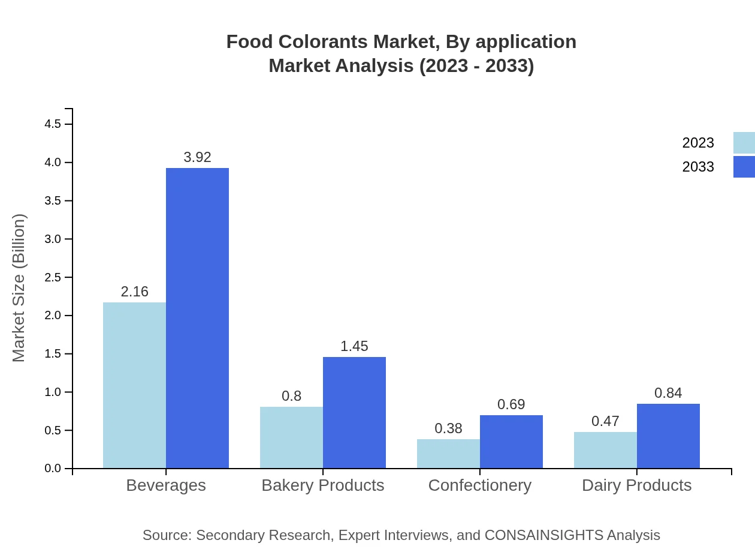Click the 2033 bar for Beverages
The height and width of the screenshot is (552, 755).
click(197, 318)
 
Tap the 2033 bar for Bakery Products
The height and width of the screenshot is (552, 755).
click(354, 413)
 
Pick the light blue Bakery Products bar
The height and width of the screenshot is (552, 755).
click(291, 437)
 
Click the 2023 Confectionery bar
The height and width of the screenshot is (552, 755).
click(448, 454)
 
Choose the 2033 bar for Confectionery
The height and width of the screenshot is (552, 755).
click(511, 442)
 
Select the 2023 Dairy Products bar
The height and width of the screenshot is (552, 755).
click(605, 450)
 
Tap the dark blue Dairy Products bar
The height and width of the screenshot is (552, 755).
click(668, 436)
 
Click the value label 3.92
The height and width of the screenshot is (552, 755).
click(197, 157)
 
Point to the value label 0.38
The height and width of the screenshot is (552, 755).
click(448, 428)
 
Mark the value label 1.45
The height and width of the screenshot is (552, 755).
click(354, 346)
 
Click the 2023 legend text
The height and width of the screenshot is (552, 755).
click(698, 143)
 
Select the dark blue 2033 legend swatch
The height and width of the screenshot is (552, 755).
click(744, 167)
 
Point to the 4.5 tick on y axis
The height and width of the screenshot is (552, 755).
click(53, 124)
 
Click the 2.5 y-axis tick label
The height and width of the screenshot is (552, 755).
click(53, 277)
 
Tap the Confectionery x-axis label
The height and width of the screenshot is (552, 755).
click(479, 485)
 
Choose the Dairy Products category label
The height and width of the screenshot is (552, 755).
click(636, 485)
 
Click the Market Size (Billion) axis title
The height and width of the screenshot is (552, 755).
click(19, 288)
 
